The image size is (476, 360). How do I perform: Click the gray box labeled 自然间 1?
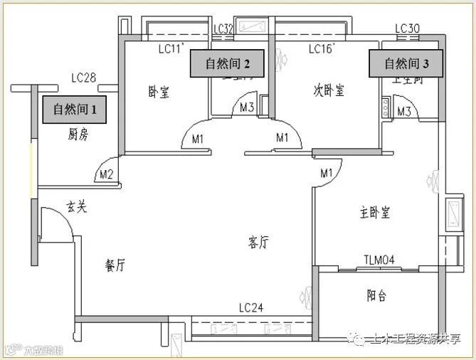tap(75, 110)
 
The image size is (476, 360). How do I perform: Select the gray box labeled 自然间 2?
tap(227, 64)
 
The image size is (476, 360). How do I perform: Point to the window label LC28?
tap(84, 77)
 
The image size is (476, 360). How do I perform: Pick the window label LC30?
tap(408, 29)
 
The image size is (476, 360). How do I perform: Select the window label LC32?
tap(223, 29)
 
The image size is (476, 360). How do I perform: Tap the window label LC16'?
tap(322, 49)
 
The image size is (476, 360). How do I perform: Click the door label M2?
tap(107, 174)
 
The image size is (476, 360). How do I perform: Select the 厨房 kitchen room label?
tap(78, 134)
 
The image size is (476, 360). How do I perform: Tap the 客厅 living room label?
tap(258, 243)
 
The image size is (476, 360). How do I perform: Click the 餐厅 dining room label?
tap(115, 266)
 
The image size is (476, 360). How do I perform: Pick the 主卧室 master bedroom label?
tap(375, 212)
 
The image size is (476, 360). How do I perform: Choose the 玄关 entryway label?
tap(77, 207)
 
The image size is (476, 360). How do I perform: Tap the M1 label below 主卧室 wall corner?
tap(327, 174)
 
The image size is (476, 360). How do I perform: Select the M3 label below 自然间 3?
tap(405, 111)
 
